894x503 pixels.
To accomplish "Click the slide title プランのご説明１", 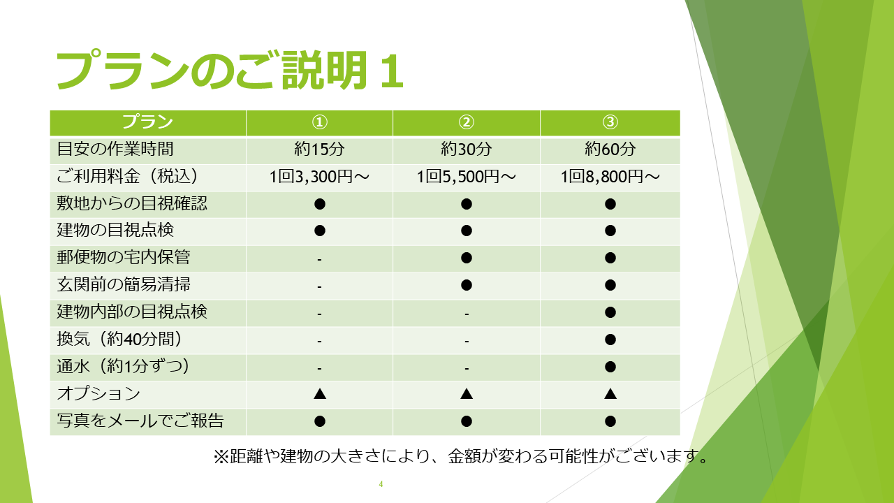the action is [230, 71].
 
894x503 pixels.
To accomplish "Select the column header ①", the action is [319, 122].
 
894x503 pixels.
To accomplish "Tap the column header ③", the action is [610, 122].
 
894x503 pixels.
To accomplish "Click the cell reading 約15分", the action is [319, 150].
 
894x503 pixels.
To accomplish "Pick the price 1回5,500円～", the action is [466, 177].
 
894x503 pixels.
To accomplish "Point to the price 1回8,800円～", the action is [610, 177].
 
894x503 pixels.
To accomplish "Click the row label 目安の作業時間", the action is [115, 150].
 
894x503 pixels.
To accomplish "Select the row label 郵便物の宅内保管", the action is [124, 258].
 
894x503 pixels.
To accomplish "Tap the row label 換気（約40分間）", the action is [119, 339].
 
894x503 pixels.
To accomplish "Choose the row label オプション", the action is [98, 393].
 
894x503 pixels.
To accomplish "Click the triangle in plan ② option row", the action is [466, 394].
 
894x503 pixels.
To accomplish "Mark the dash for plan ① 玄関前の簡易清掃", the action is [319, 286].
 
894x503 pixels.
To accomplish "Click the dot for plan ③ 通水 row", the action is [610, 367].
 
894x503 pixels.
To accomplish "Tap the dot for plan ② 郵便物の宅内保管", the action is [466, 258].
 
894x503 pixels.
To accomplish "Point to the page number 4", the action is [381, 484].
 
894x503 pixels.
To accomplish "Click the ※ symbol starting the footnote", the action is [221, 457].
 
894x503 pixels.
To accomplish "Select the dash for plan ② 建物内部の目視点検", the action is [466, 314].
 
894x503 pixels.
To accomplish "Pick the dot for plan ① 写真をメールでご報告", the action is [320, 421].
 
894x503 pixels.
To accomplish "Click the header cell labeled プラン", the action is [147, 122].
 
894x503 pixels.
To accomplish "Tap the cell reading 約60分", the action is [610, 150].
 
